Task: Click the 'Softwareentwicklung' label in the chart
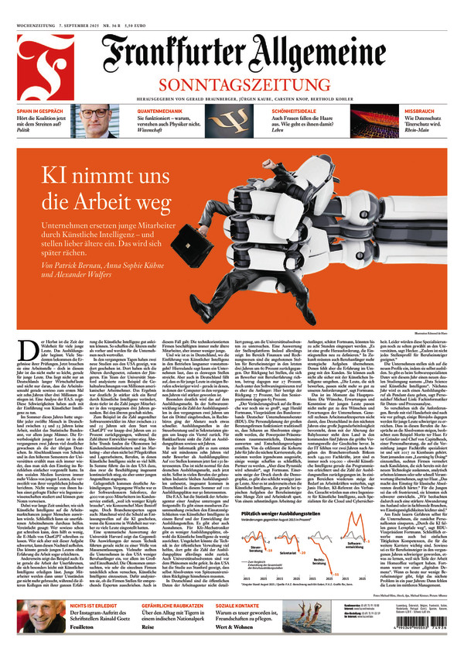tap(353, 545)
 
